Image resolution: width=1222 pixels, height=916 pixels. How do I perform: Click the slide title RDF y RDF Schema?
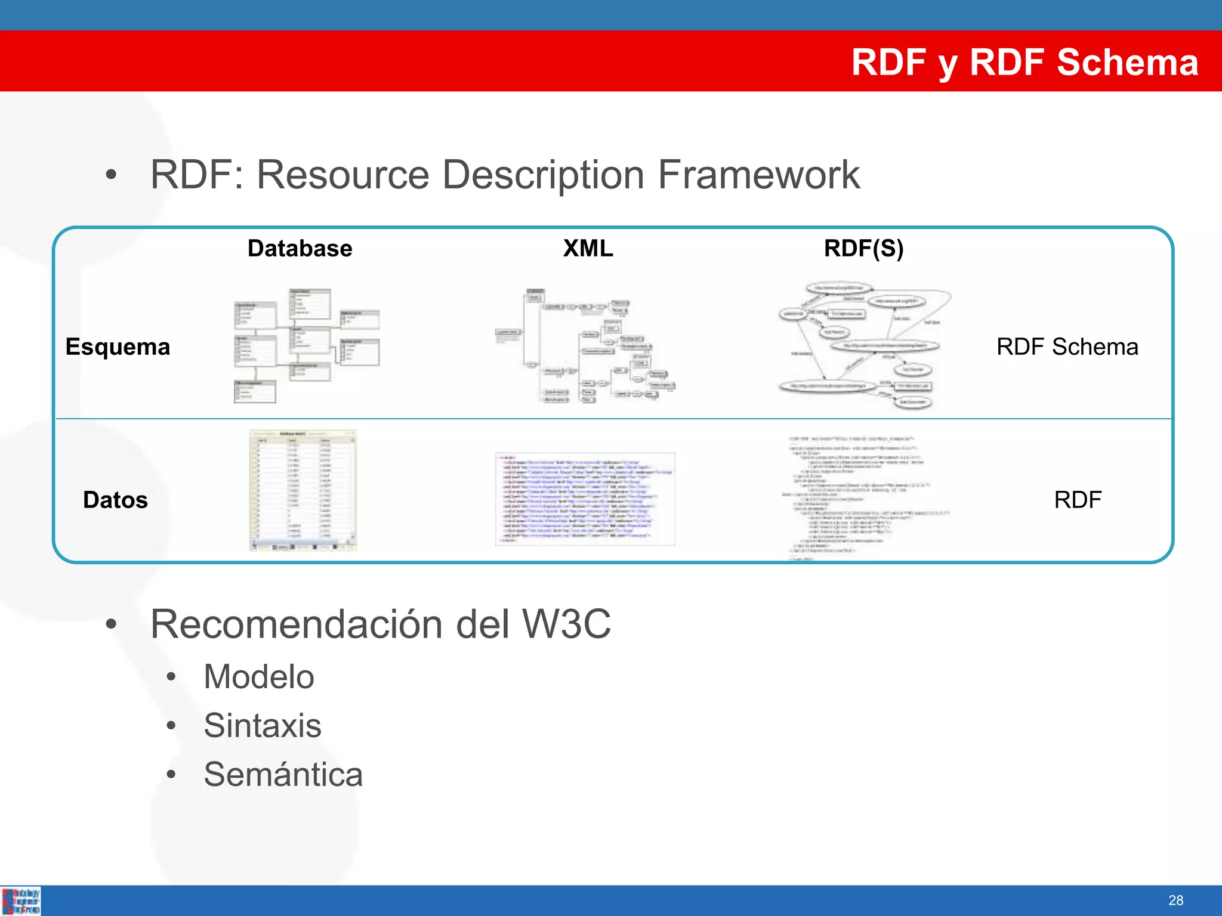click(1024, 62)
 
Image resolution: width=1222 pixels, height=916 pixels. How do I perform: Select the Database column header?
click(300, 248)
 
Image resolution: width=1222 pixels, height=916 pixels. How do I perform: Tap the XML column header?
click(588, 248)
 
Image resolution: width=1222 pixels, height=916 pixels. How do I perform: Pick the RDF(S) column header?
click(863, 248)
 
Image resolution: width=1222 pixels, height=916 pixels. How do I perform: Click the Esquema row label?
click(118, 346)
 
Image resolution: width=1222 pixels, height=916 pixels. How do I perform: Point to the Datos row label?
click(115, 500)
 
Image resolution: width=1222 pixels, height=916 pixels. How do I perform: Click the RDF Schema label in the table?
click(1067, 346)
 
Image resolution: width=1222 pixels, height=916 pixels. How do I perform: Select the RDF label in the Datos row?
click(1077, 500)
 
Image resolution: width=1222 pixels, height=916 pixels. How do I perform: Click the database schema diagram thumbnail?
click(305, 346)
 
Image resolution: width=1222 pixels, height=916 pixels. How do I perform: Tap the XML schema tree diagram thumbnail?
click(585, 346)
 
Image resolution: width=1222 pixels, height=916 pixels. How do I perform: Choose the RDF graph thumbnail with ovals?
click(863, 346)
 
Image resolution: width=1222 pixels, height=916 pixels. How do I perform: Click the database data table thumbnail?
click(303, 490)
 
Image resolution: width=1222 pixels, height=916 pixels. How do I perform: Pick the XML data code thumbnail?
click(585, 499)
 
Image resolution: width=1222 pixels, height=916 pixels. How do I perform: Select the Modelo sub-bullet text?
click(258, 677)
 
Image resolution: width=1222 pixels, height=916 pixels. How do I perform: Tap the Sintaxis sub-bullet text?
click(262, 726)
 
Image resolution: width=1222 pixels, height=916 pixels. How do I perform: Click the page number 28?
click(1175, 900)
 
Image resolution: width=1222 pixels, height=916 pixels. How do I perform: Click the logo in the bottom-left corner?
click(21, 901)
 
